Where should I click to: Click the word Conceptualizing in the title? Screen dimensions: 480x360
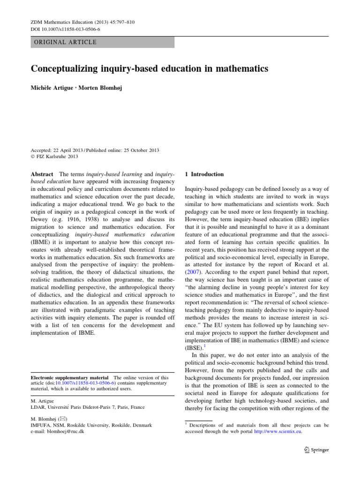point(66,69)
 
